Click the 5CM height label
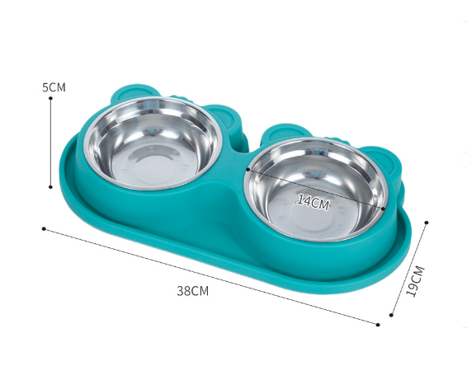[x=54, y=87]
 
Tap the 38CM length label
[x=193, y=291]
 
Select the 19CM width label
[x=415, y=280]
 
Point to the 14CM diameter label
[x=313, y=202]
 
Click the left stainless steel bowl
[x=153, y=143]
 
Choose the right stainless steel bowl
[x=316, y=190]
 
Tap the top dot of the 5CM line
[x=50, y=98]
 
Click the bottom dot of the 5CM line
[x=50, y=187]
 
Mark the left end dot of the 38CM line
[x=44, y=228]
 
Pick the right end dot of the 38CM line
[x=378, y=325]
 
